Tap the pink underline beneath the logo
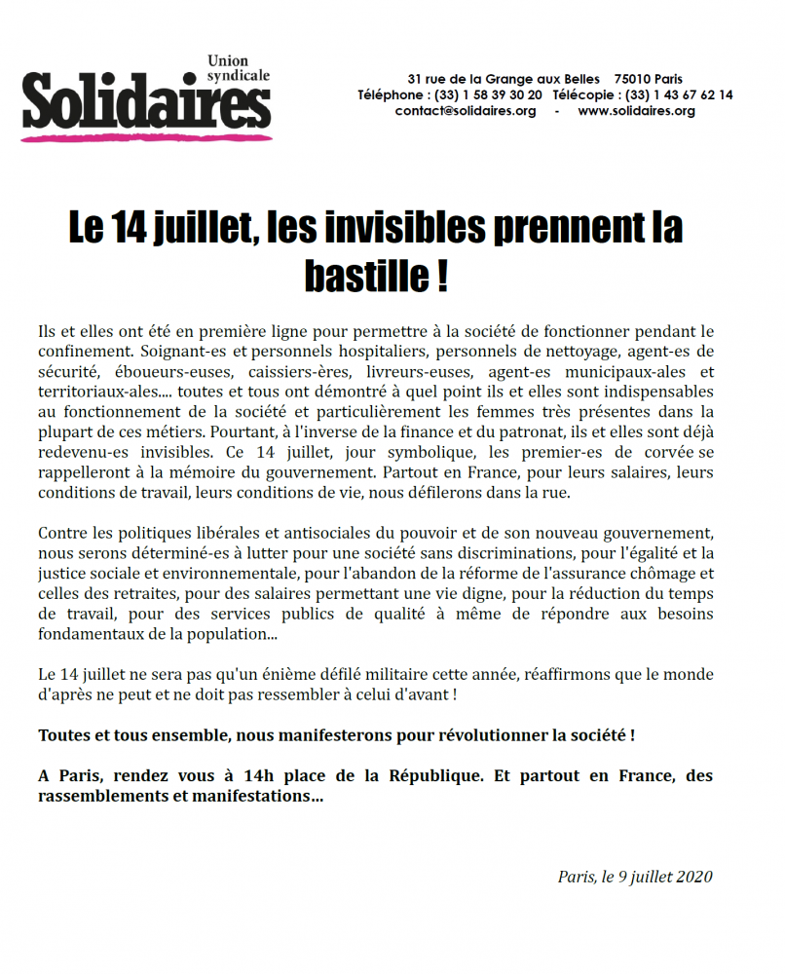point(146,137)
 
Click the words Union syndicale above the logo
point(239,68)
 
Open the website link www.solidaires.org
point(637,111)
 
